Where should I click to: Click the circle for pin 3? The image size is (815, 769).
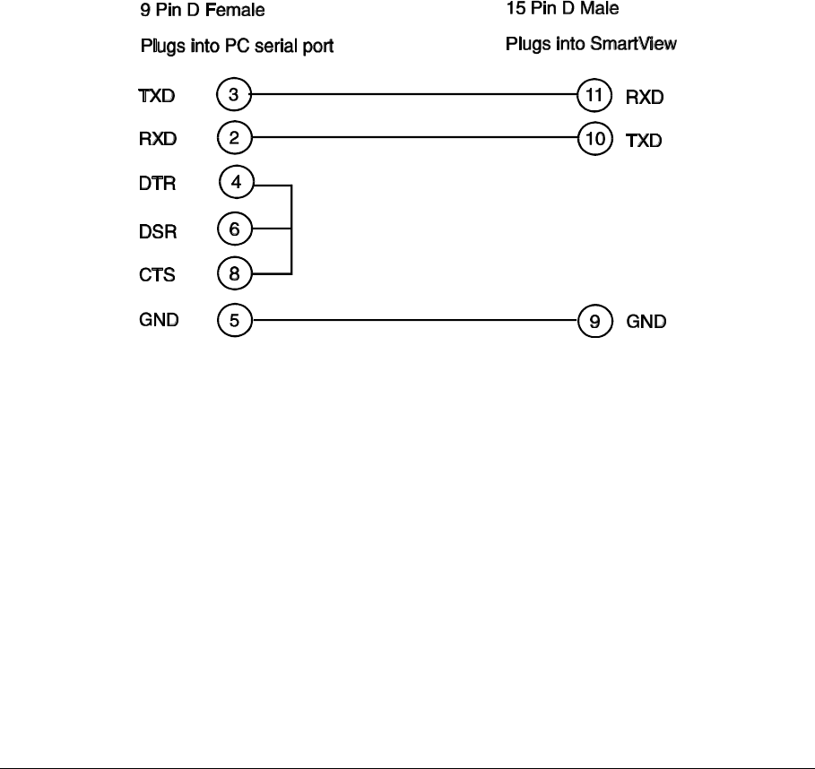234,92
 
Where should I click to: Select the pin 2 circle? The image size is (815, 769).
234,138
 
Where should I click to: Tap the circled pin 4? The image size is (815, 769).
236,183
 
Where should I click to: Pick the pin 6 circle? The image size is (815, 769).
235,229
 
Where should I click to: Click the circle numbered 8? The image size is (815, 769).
235,273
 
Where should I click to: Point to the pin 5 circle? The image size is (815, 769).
235,320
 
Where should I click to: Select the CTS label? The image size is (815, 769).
156,275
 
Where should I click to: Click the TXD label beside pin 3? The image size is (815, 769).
157,94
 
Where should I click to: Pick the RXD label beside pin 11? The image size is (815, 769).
645,97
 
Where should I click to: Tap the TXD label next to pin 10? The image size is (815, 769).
644,142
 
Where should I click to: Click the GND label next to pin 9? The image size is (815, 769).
646,322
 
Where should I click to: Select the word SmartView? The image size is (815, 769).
646,43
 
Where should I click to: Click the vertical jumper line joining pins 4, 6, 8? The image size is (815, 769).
291,229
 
